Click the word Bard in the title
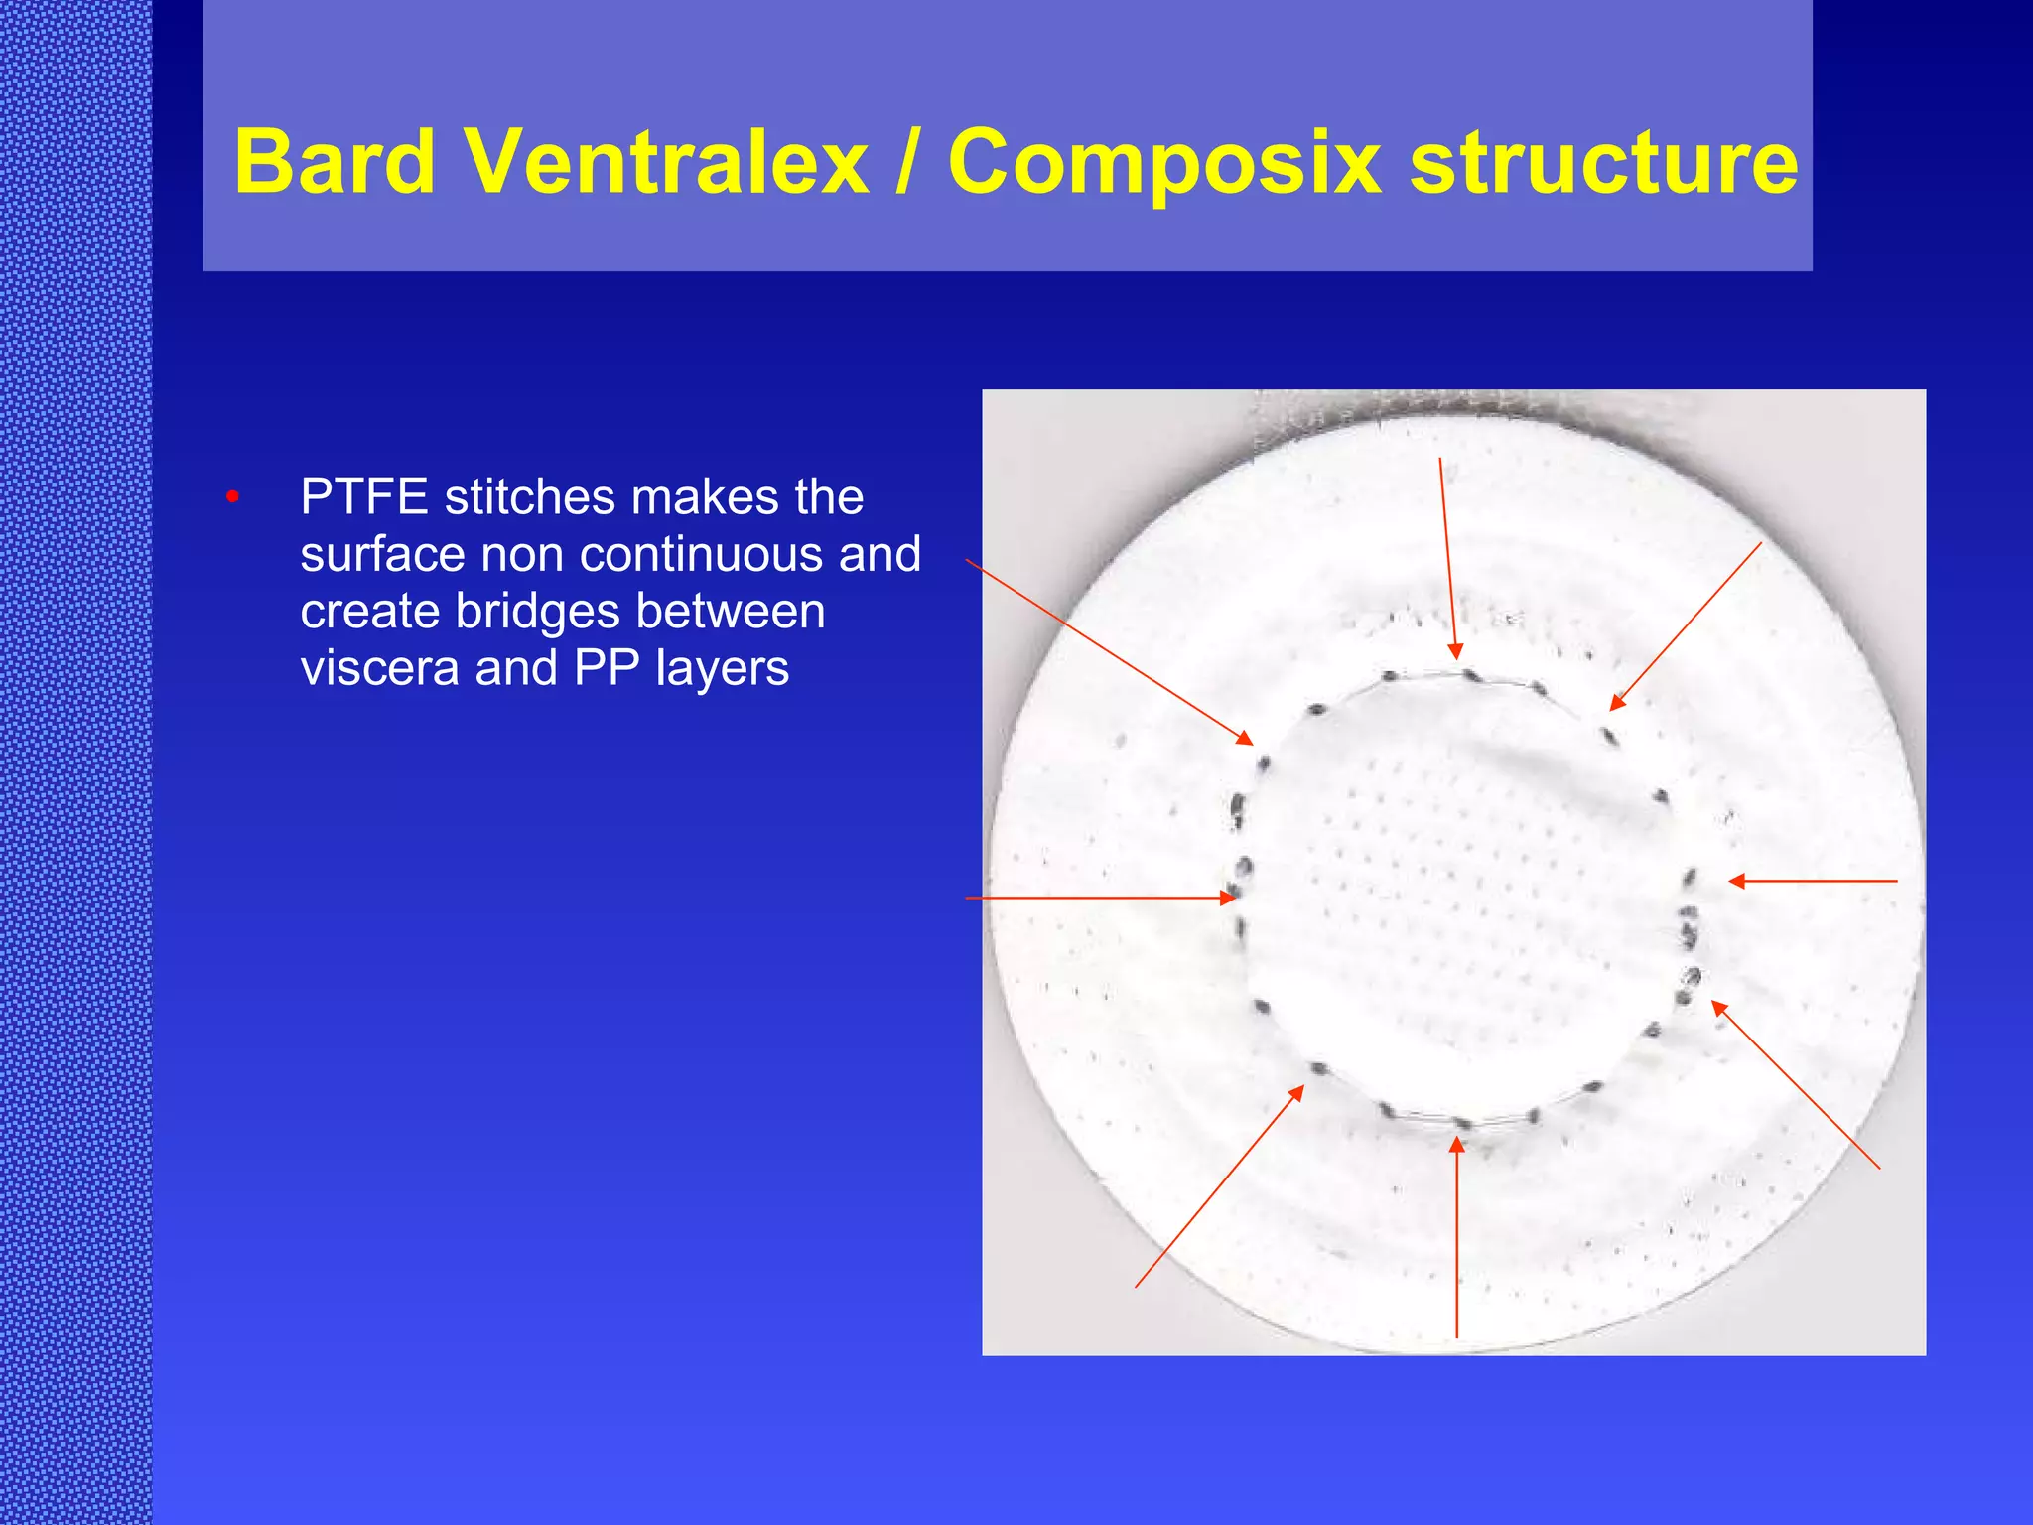coord(335,162)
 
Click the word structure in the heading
coord(1603,162)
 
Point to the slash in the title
coord(905,162)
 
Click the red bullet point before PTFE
coord(232,496)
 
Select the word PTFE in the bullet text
coord(363,496)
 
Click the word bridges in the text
coord(536,611)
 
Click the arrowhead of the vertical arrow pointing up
coord(1456,1145)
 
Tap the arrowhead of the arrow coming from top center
coord(1455,652)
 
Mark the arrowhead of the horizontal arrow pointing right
coord(1230,898)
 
